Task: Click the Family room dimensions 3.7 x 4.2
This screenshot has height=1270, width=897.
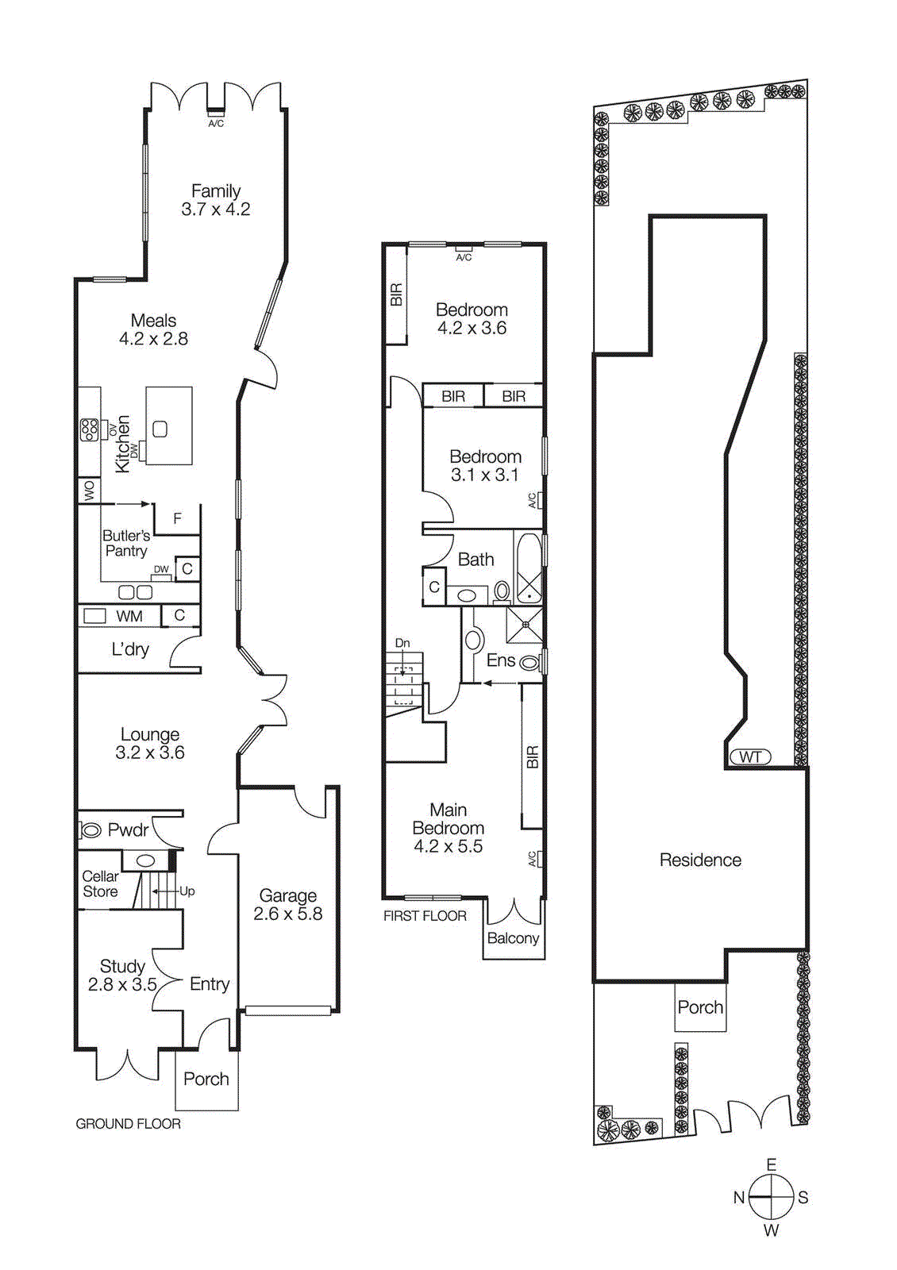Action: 215,210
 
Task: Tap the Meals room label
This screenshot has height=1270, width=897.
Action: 153,321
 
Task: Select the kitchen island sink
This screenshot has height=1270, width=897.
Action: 160,429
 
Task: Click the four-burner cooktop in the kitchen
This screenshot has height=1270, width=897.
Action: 89,429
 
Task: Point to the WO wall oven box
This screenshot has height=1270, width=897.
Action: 89,491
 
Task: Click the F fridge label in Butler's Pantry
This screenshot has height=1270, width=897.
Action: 177,518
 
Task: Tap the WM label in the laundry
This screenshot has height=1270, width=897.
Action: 129,617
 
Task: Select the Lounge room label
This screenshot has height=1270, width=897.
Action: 150,734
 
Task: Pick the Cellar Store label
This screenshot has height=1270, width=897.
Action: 100,883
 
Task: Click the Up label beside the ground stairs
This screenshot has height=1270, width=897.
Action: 187,891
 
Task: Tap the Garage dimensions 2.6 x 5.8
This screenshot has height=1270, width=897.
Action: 287,914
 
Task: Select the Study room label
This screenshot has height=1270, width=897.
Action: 122,966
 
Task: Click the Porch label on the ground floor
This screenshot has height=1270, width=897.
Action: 206,1079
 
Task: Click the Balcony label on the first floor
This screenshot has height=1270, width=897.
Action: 513,938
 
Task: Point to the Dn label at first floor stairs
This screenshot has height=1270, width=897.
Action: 402,643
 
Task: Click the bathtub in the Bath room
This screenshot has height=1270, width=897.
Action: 529,568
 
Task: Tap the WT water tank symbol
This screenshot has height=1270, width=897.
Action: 750,756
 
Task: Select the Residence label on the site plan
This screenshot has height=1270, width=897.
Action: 700,860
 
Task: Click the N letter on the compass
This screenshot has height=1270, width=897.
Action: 738,1198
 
